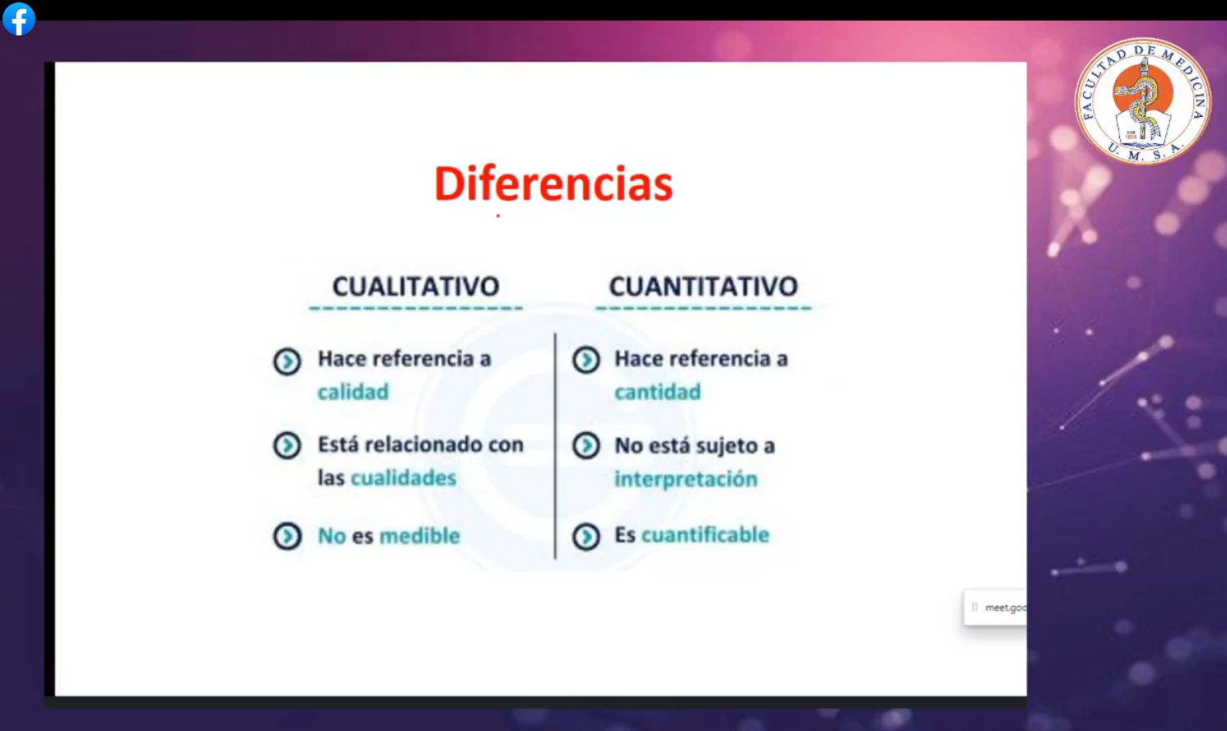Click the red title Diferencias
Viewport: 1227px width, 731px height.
(553, 184)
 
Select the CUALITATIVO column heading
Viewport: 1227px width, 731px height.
(416, 286)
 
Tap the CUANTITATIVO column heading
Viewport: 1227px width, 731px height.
(703, 286)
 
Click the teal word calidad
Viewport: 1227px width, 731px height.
(353, 392)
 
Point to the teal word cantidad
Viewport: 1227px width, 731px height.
(657, 392)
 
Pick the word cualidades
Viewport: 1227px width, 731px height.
(404, 477)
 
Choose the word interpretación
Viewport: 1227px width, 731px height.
(686, 479)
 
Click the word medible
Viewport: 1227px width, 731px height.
(420, 536)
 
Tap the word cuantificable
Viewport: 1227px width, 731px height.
(705, 534)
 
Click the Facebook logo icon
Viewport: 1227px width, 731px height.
(19, 19)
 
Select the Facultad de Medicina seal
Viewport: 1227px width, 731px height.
(1143, 101)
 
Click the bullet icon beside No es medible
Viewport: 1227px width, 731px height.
(287, 536)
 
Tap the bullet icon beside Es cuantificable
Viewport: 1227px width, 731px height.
(586, 536)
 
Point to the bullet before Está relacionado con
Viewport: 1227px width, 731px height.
(287, 445)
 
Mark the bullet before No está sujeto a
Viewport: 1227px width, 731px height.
(586, 445)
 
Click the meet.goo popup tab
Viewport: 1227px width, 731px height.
(996, 608)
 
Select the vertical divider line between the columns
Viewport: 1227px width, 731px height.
(555, 445)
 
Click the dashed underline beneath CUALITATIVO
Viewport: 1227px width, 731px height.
(416, 308)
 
